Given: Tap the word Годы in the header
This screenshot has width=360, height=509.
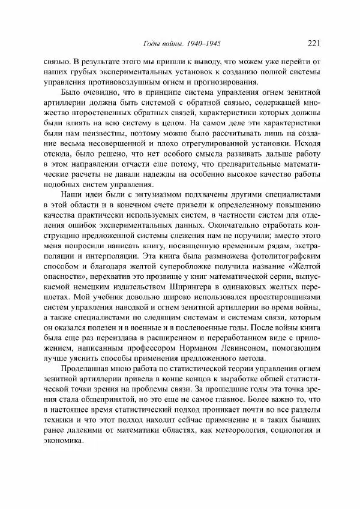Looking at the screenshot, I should pyautogui.click(x=149, y=43).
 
